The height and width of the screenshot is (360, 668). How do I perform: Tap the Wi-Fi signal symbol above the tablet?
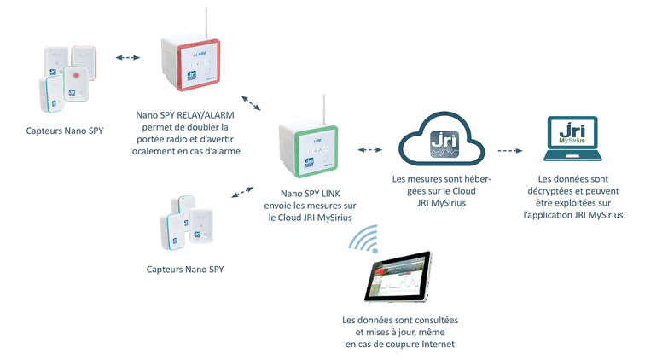coord(363,242)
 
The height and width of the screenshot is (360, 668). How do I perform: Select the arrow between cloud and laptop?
coord(510,151)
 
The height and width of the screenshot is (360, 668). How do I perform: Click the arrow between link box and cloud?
coord(371,151)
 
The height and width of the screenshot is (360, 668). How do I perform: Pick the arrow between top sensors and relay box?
coord(128,58)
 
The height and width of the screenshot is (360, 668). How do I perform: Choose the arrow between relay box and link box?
coord(252,105)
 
